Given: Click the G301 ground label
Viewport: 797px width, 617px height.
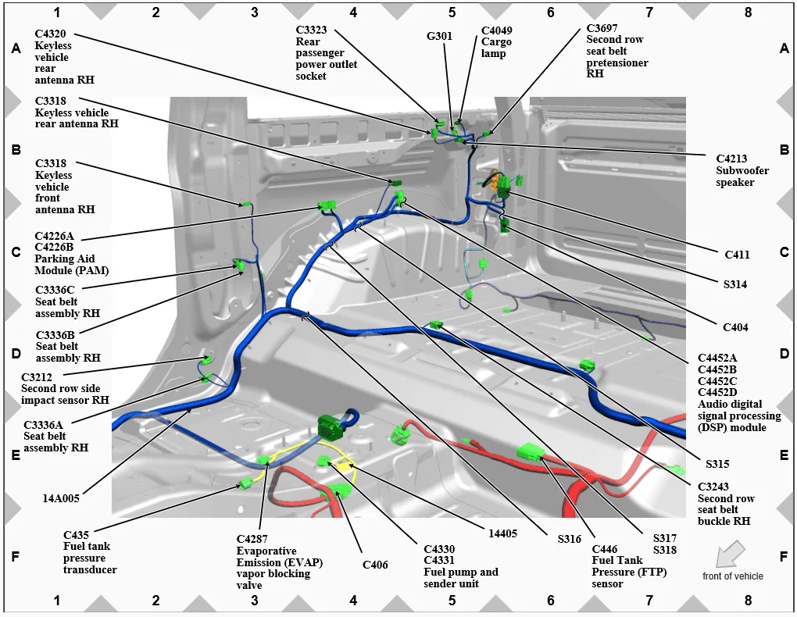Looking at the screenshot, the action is pyautogui.click(x=439, y=36).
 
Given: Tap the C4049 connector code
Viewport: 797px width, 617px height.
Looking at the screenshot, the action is pyautogui.click(x=497, y=30).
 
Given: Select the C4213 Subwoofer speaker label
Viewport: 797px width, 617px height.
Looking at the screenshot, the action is pyautogui.click(x=742, y=170).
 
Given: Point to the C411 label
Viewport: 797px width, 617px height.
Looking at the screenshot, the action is pyautogui.click(x=737, y=255).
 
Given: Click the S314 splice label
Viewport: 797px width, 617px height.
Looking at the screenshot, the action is pyautogui.click(x=735, y=284).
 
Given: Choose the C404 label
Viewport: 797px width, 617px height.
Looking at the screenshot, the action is pyautogui.click(x=735, y=327).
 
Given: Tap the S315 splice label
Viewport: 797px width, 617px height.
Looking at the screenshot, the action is pyautogui.click(x=717, y=463).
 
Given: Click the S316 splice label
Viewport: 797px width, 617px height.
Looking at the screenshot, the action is pyautogui.click(x=569, y=539).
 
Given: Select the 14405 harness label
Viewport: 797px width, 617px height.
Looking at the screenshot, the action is pyautogui.click(x=502, y=533).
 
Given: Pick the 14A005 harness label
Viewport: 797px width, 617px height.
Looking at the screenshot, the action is pyautogui.click(x=61, y=498).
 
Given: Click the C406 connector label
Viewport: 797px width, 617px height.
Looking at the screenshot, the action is pyautogui.click(x=375, y=565).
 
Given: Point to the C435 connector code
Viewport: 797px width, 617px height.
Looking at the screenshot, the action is pyautogui.click(x=76, y=535).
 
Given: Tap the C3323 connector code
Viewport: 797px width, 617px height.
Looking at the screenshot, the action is pyautogui.click(x=311, y=30).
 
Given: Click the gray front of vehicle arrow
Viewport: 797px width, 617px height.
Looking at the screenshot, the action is pyautogui.click(x=731, y=554).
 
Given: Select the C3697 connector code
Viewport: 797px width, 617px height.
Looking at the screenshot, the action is pyautogui.click(x=602, y=28).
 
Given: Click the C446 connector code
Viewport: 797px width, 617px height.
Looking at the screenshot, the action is pyautogui.click(x=604, y=549).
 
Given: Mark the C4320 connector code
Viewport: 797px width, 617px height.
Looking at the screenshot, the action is pyautogui.click(x=50, y=34).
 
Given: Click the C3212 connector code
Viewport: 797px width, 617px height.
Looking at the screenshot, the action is pyautogui.click(x=37, y=377).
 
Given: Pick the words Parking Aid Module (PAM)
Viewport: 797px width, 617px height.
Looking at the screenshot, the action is pyautogui.click(x=72, y=264).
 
